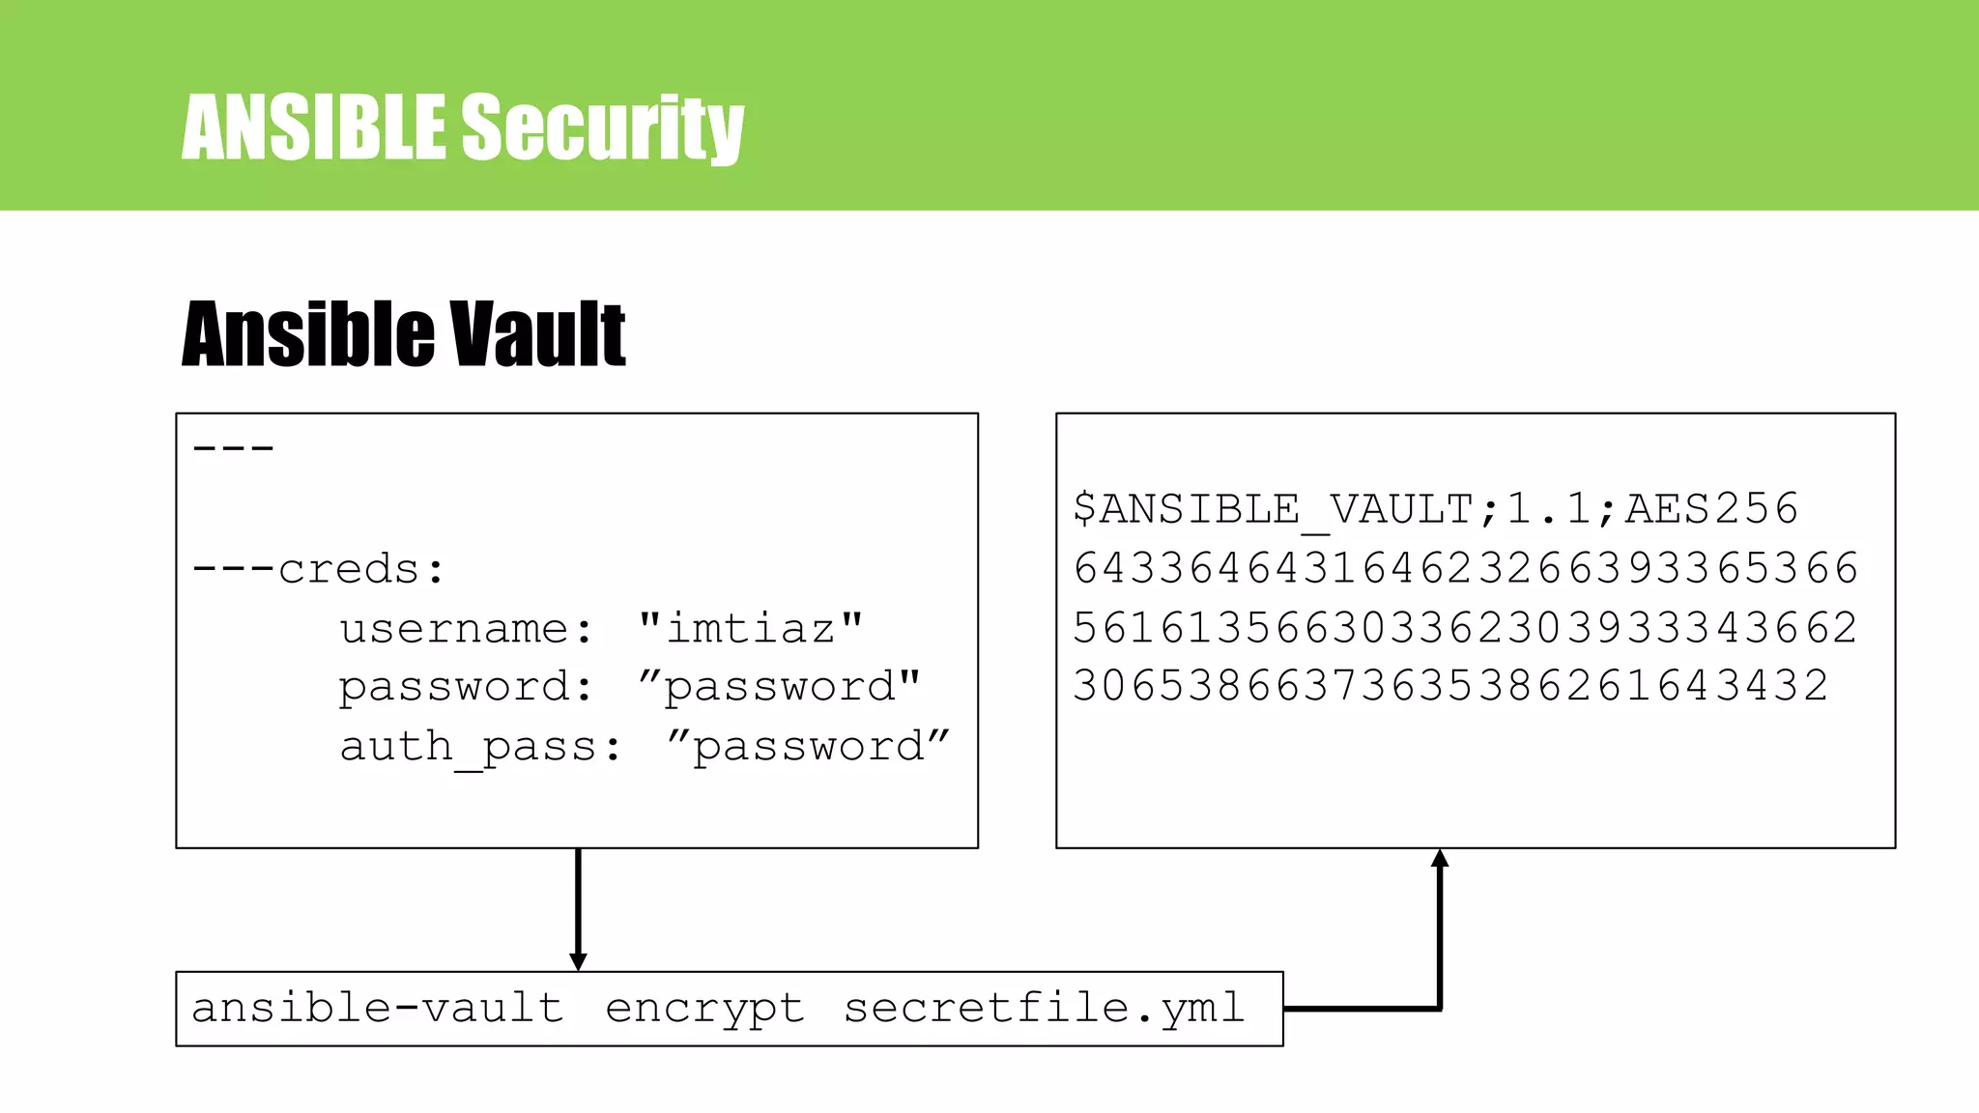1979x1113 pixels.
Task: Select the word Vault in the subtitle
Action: (x=537, y=334)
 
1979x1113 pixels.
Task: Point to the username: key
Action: (x=466, y=629)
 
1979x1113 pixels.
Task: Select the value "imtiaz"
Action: (x=751, y=629)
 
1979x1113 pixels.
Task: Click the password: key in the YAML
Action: (x=465, y=688)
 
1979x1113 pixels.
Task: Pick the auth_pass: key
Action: (x=480, y=747)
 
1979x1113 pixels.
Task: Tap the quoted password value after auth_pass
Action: (x=809, y=747)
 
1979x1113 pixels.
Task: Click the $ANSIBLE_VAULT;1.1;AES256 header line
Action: (x=1435, y=509)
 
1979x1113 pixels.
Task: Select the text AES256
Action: (x=1711, y=509)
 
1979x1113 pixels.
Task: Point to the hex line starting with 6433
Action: (x=1465, y=568)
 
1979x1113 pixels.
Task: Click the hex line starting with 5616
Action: (x=1465, y=628)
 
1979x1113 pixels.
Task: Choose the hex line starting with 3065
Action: (x=1450, y=687)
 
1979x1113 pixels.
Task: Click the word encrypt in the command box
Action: (x=704, y=1009)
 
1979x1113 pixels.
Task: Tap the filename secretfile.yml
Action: (x=1044, y=1009)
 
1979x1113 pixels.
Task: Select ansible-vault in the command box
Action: (x=378, y=1009)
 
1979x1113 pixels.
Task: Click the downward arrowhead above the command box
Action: (x=578, y=961)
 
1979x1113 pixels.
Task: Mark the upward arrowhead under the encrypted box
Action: (x=1440, y=858)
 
